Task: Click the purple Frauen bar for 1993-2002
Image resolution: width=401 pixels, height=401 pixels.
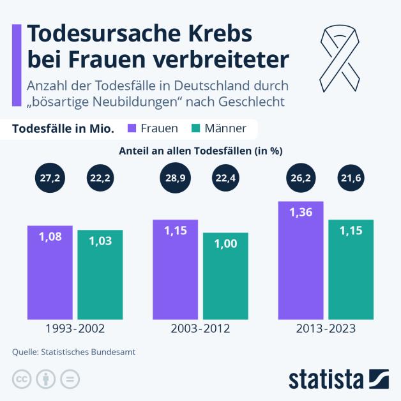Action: (x=50, y=273)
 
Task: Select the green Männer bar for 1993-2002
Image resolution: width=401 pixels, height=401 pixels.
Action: (x=100, y=275)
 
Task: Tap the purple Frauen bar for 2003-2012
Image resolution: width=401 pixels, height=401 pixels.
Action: (x=175, y=269)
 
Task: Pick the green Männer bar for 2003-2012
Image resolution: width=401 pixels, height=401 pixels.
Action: (x=225, y=276)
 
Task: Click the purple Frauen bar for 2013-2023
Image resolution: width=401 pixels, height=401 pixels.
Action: (x=301, y=261)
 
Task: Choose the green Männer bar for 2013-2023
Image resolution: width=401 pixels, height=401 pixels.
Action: (x=351, y=269)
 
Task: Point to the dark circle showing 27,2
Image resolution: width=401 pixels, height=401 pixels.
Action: (x=50, y=179)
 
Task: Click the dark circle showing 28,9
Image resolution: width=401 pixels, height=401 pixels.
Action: (x=175, y=179)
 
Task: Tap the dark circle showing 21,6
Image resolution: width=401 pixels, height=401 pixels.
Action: (x=351, y=179)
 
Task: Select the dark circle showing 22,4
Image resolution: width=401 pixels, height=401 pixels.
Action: (x=225, y=179)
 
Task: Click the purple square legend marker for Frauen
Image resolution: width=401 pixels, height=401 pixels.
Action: (x=132, y=128)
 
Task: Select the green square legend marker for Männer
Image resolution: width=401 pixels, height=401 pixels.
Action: (x=197, y=128)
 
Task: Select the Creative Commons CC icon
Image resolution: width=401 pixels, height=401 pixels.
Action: (x=21, y=379)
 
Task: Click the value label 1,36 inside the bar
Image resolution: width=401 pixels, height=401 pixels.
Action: (x=301, y=213)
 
